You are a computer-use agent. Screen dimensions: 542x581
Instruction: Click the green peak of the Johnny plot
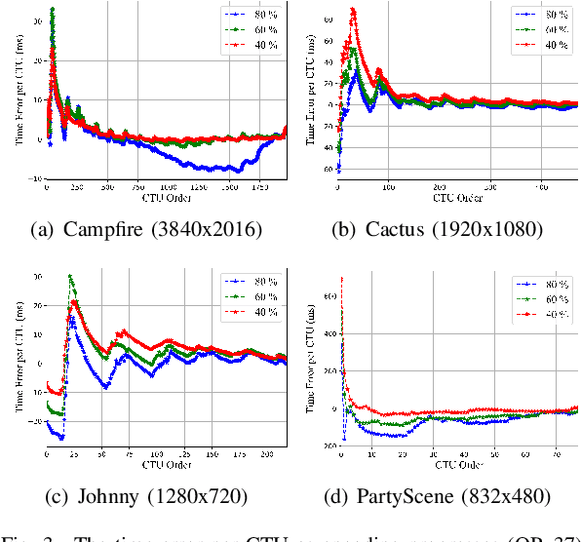[x=70, y=276]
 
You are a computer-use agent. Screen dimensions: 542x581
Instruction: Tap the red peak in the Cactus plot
[x=353, y=10]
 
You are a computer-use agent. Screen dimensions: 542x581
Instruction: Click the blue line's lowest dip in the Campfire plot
[x=231, y=171]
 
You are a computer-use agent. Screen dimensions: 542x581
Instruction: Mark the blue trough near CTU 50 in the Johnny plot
[x=105, y=387]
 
